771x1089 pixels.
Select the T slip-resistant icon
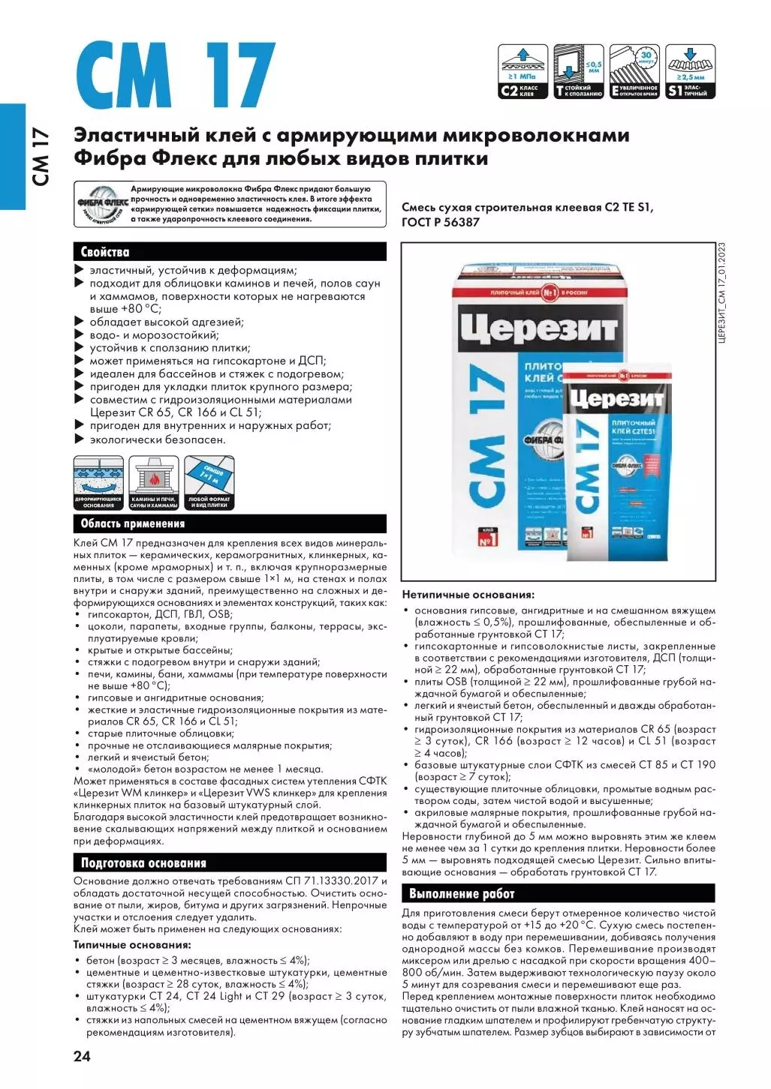pyautogui.click(x=578, y=71)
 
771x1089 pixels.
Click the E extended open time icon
pyautogui.click(x=634, y=71)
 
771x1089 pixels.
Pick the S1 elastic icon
pyautogui.click(x=691, y=71)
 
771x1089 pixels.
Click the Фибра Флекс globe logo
pyautogui.click(x=102, y=203)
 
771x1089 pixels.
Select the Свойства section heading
pyautogui.click(x=105, y=252)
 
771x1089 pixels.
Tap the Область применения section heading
pyautogui.click(x=132, y=523)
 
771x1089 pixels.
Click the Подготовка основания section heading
pyautogui.click(x=143, y=863)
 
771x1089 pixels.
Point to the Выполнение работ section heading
pyautogui.click(x=462, y=893)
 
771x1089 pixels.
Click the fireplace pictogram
pyautogui.click(x=153, y=484)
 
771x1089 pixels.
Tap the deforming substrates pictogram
pyautogui.click(x=98, y=484)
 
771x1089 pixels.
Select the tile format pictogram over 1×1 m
pyautogui.click(x=209, y=484)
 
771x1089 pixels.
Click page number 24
pyautogui.click(x=82, y=1056)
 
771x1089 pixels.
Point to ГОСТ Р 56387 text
pyautogui.click(x=440, y=222)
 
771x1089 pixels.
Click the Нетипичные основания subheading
pyautogui.click(x=468, y=595)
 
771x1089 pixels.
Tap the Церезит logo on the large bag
pyautogui.click(x=538, y=328)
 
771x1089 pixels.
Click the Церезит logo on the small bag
pyautogui.click(x=616, y=398)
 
